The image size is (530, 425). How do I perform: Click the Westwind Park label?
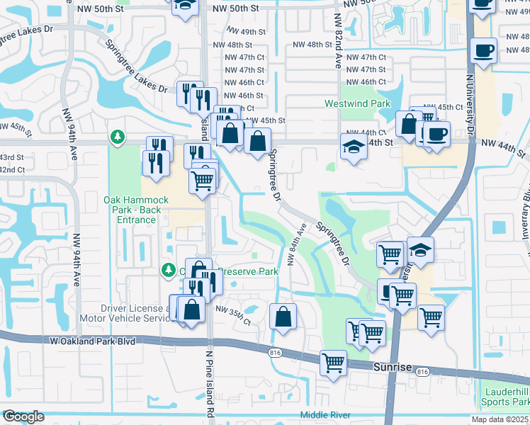(x=358, y=103)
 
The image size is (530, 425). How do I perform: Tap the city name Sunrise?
(x=392, y=366)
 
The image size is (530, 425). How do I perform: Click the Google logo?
(x=23, y=416)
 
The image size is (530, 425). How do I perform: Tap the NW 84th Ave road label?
(x=295, y=245)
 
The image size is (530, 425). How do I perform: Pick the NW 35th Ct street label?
(x=233, y=315)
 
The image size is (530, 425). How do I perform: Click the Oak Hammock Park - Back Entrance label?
(x=136, y=210)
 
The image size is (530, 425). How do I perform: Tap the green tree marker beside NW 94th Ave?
(x=118, y=135)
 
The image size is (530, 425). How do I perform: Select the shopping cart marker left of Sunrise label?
(x=333, y=363)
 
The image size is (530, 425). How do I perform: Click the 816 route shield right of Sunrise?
(x=423, y=372)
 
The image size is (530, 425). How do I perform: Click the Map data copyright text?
(x=500, y=419)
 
